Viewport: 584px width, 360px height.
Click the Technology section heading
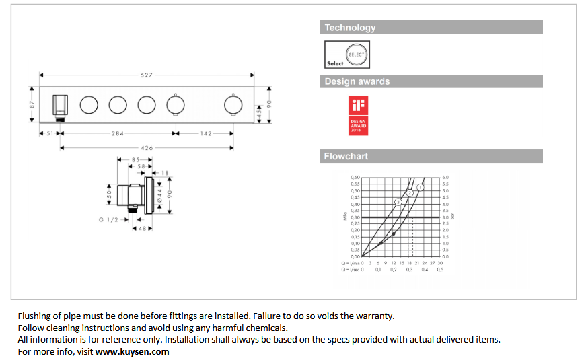(x=350, y=28)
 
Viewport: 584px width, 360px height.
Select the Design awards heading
(x=357, y=81)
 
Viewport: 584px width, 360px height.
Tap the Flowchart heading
(x=346, y=156)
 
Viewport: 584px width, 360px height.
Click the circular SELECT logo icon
(x=357, y=54)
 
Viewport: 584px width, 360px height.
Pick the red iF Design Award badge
(x=357, y=114)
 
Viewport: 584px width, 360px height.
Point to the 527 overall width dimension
(x=147, y=75)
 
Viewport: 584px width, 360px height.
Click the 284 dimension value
(x=117, y=133)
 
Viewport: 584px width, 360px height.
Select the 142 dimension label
(x=205, y=133)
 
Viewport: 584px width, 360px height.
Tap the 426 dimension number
(x=147, y=147)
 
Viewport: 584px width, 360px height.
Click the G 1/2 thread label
(x=109, y=219)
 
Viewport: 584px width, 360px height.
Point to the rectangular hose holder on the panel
(x=61, y=106)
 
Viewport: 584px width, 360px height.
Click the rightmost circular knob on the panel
(x=234, y=105)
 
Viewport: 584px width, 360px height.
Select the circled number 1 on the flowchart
(x=421, y=186)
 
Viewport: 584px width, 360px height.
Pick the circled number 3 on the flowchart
(x=398, y=202)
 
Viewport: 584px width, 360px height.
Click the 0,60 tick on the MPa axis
(x=355, y=178)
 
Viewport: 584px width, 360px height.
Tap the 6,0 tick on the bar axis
(x=445, y=178)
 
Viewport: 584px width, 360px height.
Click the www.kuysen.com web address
(x=132, y=351)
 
